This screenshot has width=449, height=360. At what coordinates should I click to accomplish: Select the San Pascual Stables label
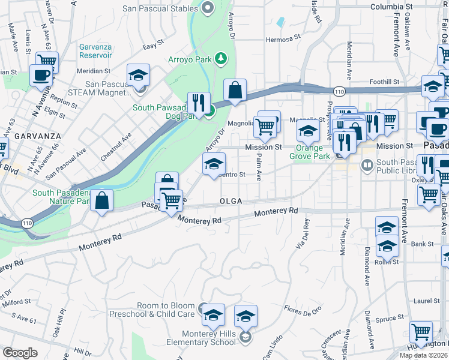(160, 8)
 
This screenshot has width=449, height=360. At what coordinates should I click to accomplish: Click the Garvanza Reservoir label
(95, 51)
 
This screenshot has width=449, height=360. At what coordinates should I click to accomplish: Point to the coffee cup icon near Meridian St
(41, 76)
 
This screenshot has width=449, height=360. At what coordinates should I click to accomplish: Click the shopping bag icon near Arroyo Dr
(235, 90)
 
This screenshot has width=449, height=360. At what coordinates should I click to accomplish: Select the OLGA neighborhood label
(231, 202)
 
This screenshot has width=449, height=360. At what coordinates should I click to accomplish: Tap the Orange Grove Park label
(314, 152)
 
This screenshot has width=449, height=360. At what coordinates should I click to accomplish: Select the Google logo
(20, 353)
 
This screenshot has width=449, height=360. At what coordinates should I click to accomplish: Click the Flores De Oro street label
(303, 310)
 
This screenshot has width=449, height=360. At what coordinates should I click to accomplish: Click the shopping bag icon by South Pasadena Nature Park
(103, 202)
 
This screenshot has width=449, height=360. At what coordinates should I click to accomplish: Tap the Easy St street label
(154, 46)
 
